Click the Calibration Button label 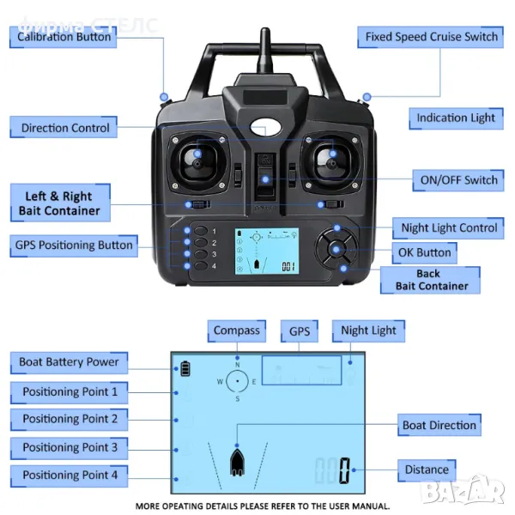coord(64,37)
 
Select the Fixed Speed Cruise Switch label coord(431,37)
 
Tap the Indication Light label coord(456,118)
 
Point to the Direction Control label coord(65,128)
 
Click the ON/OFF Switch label coord(458,180)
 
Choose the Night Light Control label coord(449,228)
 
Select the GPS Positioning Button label coord(74,245)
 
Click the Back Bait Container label coord(431,280)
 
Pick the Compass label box coord(236,330)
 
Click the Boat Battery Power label coord(69,362)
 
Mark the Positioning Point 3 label coord(70,447)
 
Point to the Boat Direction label coord(439,425)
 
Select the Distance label coord(427,470)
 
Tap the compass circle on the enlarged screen coord(238,381)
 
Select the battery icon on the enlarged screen coord(185,369)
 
